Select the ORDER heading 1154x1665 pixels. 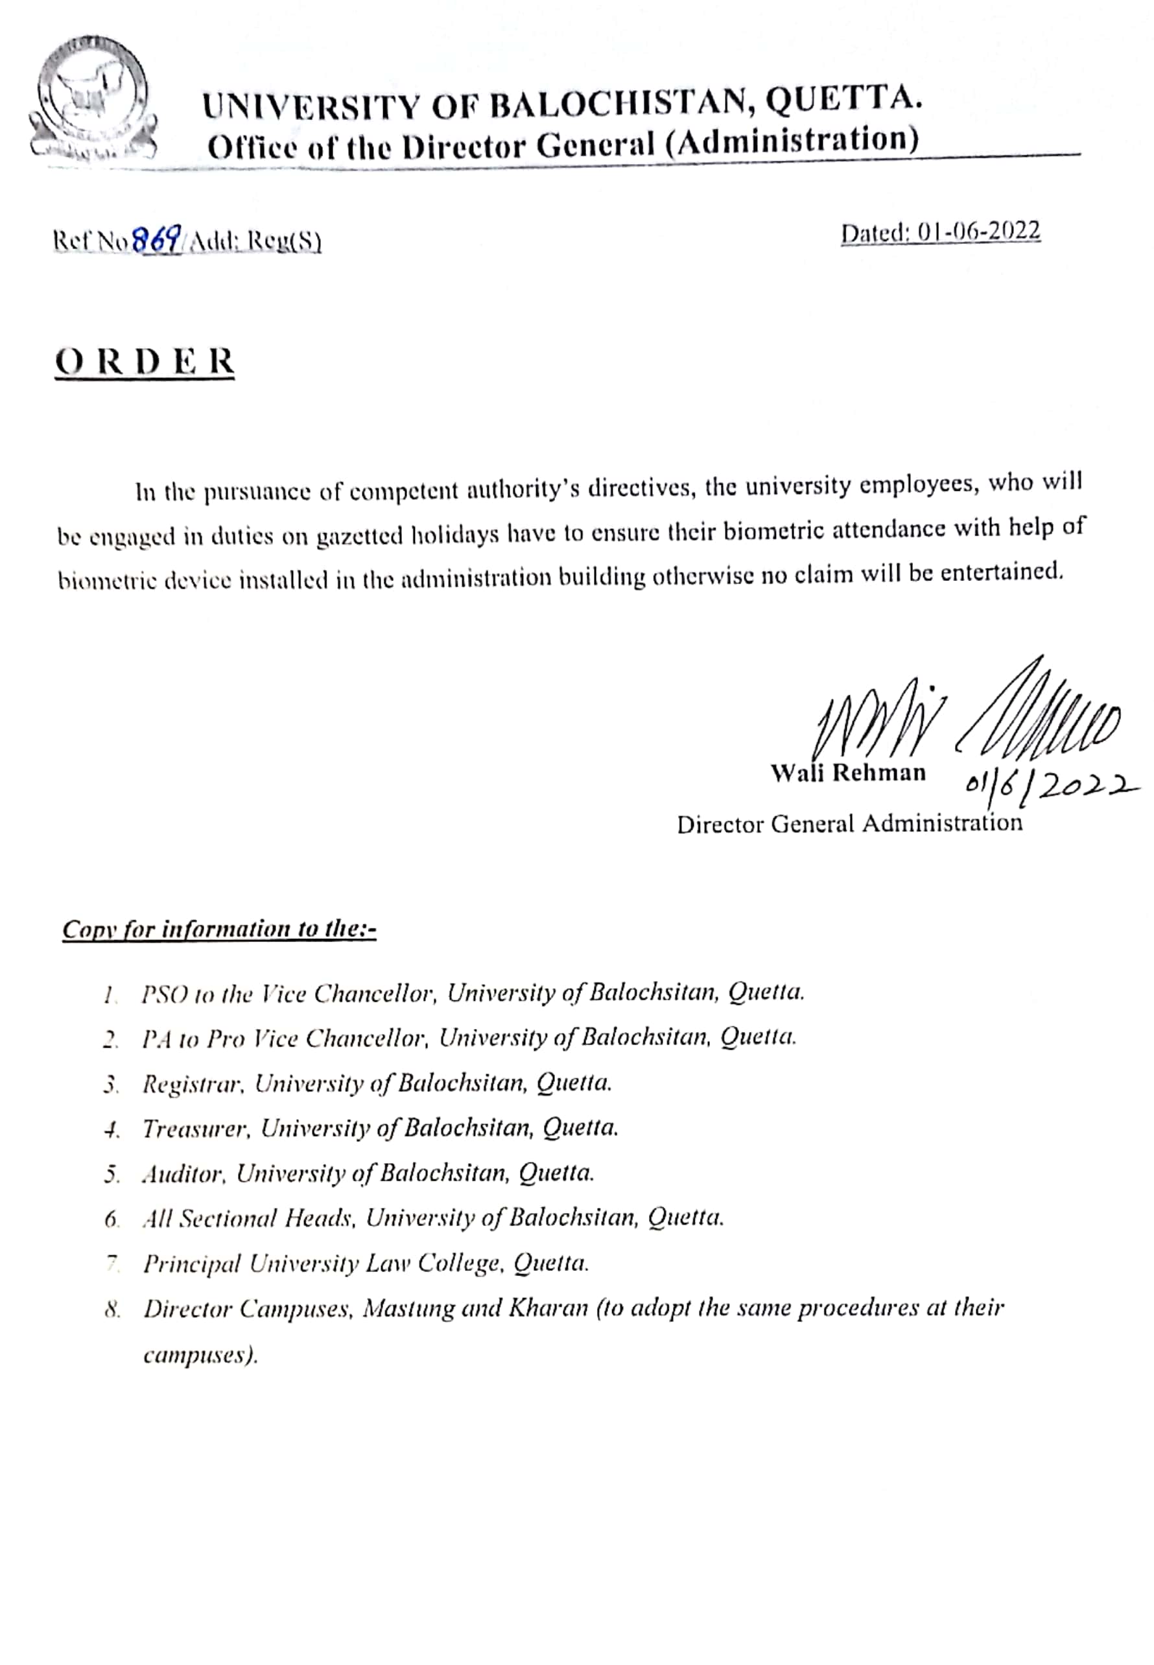coord(145,362)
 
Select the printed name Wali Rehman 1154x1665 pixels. coord(847,773)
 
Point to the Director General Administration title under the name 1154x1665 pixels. coord(849,823)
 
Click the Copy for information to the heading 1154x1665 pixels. coord(219,929)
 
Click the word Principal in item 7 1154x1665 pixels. coord(192,1264)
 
